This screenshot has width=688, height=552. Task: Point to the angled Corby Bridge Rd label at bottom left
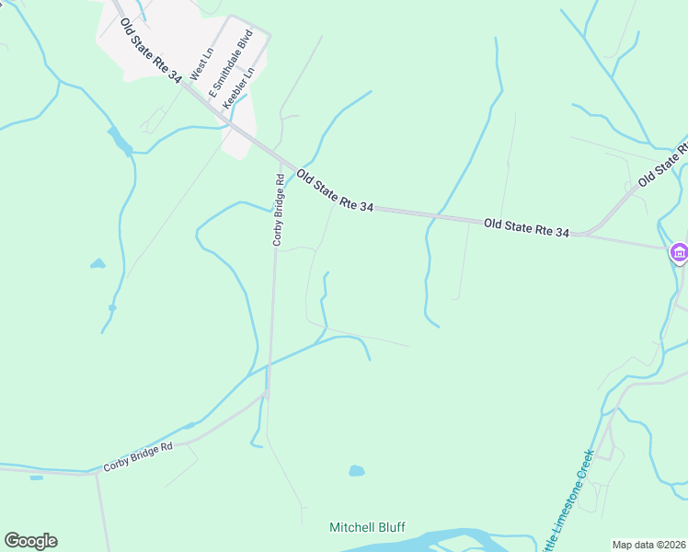138,457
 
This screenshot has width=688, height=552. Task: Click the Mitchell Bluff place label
367,528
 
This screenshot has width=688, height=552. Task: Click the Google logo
30,541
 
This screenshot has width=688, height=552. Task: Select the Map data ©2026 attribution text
649,545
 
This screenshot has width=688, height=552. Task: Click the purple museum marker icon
679,251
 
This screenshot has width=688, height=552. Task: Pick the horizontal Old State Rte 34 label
527,228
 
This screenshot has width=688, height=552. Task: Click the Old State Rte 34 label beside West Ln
150,51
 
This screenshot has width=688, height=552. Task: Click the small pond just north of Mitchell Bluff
356,472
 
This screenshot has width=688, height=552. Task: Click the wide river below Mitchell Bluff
432,540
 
